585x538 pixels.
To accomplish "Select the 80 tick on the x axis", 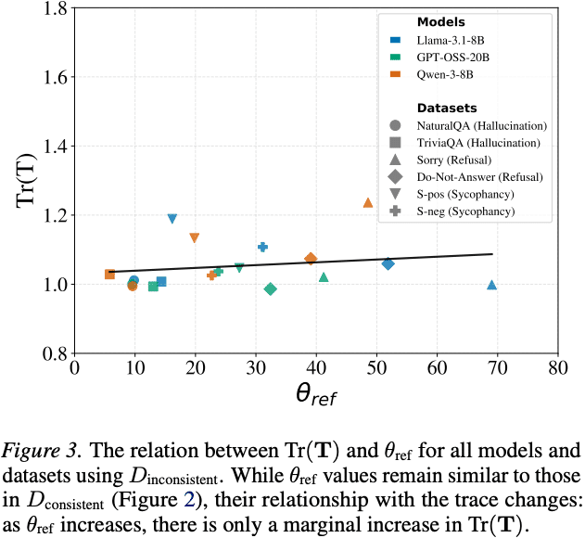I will point(557,366).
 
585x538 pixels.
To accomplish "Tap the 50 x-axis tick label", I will point(375,366).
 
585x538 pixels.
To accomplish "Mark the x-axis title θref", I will point(315,395).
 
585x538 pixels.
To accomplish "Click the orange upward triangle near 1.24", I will point(368,202).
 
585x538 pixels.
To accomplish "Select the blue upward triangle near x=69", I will point(492,285).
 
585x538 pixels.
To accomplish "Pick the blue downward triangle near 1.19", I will point(172,219).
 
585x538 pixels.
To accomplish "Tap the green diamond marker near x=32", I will point(271,288).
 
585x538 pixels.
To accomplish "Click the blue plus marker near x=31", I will point(262,247).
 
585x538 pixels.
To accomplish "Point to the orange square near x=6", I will point(110,274).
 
